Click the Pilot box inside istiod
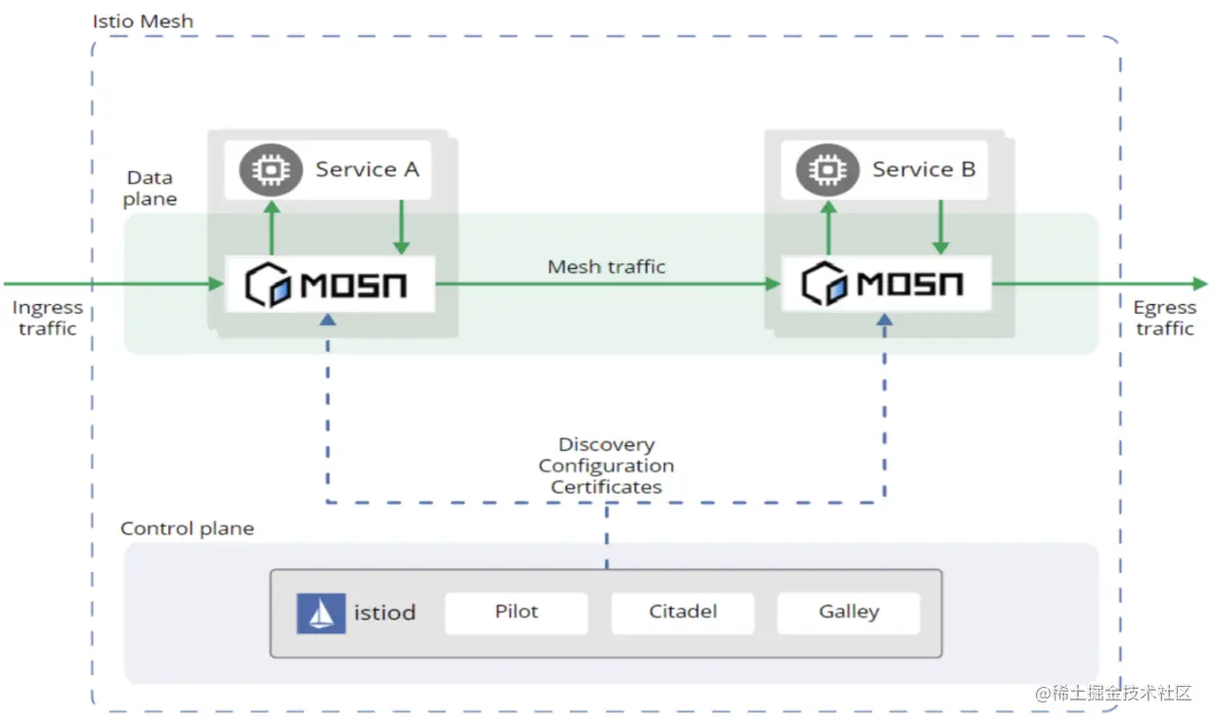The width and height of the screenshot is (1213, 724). [x=517, y=613]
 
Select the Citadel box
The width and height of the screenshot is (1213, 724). [x=683, y=613]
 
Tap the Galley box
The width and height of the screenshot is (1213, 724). [x=848, y=613]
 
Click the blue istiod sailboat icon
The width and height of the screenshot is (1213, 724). [x=321, y=613]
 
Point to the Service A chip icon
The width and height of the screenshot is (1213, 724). [x=271, y=170]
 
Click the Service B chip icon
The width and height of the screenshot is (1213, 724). [x=828, y=170]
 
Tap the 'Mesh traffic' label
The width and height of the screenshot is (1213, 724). [x=606, y=266]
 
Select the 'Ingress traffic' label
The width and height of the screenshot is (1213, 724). [x=48, y=318]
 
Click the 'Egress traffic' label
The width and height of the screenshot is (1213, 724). [x=1165, y=318]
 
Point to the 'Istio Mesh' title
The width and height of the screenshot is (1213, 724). [x=143, y=22]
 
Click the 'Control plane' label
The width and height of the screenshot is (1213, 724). [x=187, y=528]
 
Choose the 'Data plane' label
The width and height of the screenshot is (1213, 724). [x=150, y=188]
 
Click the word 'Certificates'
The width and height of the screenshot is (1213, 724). [x=606, y=487]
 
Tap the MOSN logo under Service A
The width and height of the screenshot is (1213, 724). [x=326, y=285]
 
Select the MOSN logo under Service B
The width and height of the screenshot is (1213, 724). [x=882, y=284]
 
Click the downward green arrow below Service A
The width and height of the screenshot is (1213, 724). [x=401, y=227]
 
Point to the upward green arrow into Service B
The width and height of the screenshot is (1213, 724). [x=828, y=227]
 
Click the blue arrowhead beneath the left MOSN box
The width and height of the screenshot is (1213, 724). [x=328, y=320]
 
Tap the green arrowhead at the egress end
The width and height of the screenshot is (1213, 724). [x=1200, y=283]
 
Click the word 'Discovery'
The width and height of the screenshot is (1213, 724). [x=606, y=444]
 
